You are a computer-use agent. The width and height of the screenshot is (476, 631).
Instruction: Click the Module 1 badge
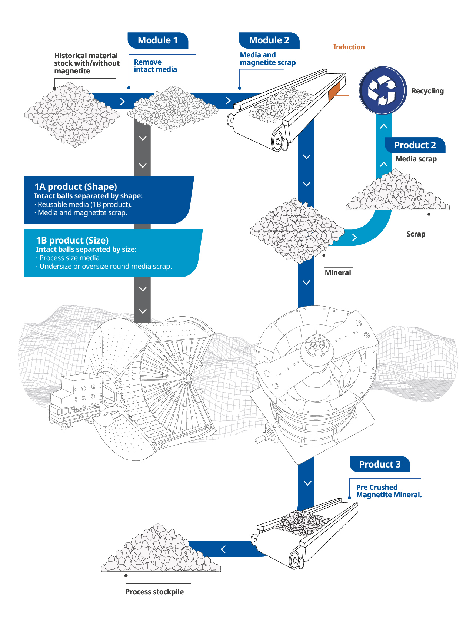(158, 40)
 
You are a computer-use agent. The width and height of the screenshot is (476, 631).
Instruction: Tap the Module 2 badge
(269, 40)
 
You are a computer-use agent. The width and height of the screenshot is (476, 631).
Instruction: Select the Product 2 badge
(415, 145)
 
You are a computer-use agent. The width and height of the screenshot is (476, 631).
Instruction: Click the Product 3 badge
(380, 465)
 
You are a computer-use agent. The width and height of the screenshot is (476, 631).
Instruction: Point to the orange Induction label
(349, 47)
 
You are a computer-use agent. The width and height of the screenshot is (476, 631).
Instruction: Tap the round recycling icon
(382, 90)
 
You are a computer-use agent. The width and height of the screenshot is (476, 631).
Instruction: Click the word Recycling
(427, 91)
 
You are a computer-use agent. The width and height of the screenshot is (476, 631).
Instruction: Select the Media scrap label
(416, 159)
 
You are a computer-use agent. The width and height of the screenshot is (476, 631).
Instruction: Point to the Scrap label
(416, 234)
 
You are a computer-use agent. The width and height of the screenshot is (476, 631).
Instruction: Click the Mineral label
(338, 273)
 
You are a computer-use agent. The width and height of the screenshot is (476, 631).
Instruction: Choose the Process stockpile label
(154, 592)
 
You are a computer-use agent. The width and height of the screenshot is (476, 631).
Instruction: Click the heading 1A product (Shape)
(76, 186)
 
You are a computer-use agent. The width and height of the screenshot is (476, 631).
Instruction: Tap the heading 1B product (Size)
(72, 240)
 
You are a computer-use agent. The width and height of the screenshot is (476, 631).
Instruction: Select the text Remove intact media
(155, 66)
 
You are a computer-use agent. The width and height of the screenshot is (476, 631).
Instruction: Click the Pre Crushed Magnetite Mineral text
(389, 491)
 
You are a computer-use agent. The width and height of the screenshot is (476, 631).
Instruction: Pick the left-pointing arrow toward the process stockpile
(223, 549)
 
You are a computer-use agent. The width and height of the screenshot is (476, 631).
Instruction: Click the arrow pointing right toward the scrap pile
(354, 238)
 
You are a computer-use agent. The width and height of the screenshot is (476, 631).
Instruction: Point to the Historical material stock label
(87, 63)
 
